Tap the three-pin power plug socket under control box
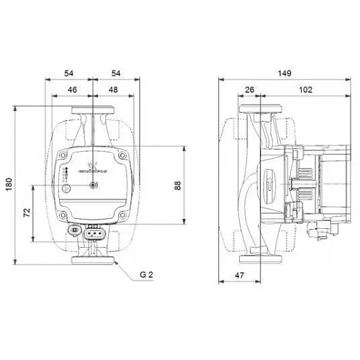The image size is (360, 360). (x=94, y=233)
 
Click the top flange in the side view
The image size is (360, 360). (x=261, y=112)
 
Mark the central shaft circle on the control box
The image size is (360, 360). (x=93, y=186)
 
